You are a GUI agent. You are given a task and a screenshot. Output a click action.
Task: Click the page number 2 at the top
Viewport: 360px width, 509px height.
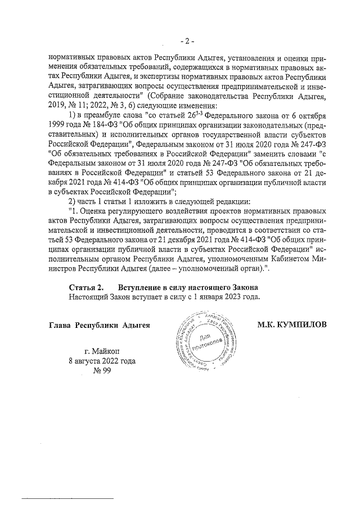tap(187, 40)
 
